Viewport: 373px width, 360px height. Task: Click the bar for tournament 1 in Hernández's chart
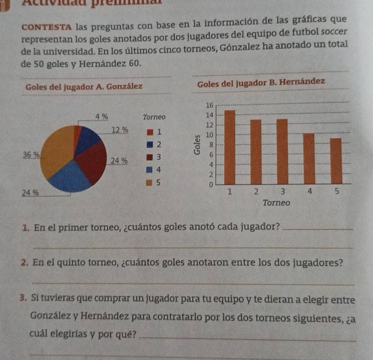point(230,147)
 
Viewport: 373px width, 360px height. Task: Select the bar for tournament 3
point(282,151)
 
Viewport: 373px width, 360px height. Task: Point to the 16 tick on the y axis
point(209,105)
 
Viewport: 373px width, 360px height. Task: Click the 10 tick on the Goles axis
point(209,135)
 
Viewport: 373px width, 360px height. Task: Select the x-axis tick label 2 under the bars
point(256,192)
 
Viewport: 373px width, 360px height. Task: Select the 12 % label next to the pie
point(119,130)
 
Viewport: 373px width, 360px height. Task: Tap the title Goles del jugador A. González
point(84,87)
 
